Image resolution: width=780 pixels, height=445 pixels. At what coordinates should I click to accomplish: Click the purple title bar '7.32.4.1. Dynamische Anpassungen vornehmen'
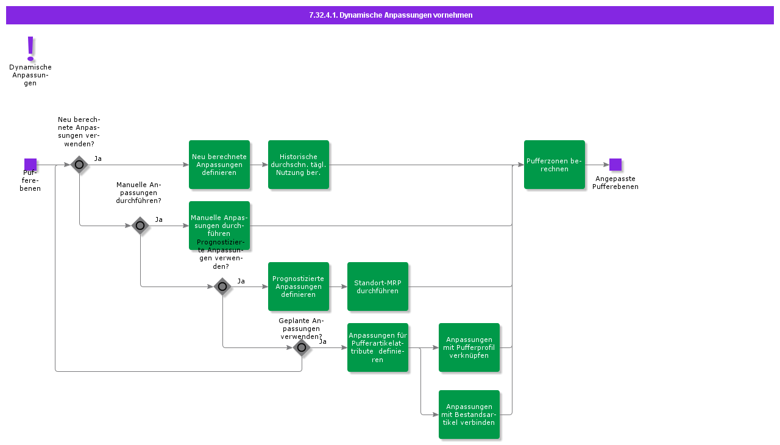pyautogui.click(x=390, y=15)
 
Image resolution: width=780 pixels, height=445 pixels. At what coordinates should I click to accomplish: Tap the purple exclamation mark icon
pyautogui.click(x=30, y=48)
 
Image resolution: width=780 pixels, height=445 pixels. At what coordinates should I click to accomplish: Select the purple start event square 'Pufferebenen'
pyautogui.click(x=30, y=165)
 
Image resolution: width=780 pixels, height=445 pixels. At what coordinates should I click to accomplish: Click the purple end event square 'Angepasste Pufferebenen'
pyautogui.click(x=615, y=165)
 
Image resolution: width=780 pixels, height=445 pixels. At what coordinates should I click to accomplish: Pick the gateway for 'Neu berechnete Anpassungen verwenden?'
pyautogui.click(x=79, y=165)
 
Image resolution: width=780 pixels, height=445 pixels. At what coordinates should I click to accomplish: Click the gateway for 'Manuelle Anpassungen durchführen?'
pyautogui.click(x=140, y=226)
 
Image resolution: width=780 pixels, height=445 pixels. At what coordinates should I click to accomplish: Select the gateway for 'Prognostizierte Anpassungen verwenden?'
pyautogui.click(x=222, y=287)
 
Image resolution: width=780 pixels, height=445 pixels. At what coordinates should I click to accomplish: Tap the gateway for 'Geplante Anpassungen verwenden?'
pyautogui.click(x=302, y=347)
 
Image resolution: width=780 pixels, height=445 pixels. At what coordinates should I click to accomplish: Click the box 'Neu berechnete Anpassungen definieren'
pyautogui.click(x=219, y=165)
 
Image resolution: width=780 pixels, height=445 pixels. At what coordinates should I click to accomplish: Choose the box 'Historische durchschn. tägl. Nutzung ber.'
pyautogui.click(x=299, y=165)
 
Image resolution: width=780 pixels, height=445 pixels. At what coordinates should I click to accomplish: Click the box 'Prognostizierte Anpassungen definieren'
pyautogui.click(x=299, y=287)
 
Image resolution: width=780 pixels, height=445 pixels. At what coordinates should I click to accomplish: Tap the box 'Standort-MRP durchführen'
pyautogui.click(x=378, y=287)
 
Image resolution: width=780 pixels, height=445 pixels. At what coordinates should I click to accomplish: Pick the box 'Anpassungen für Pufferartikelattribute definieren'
pyautogui.click(x=378, y=347)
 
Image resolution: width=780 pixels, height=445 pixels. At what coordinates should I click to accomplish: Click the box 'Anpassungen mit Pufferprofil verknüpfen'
pyautogui.click(x=469, y=347)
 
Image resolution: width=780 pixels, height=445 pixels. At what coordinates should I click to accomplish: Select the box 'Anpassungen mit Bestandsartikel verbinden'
pyautogui.click(x=469, y=415)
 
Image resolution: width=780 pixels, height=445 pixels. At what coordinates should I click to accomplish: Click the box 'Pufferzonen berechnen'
pyautogui.click(x=555, y=165)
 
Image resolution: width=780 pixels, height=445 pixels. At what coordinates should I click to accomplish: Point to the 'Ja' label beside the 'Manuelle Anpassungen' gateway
pyautogui.click(x=158, y=219)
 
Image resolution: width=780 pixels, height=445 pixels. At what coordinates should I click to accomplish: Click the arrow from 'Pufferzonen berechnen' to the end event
pyautogui.click(x=597, y=165)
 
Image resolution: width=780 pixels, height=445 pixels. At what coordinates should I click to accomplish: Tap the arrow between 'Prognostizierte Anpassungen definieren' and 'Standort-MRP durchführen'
pyautogui.click(x=338, y=287)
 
